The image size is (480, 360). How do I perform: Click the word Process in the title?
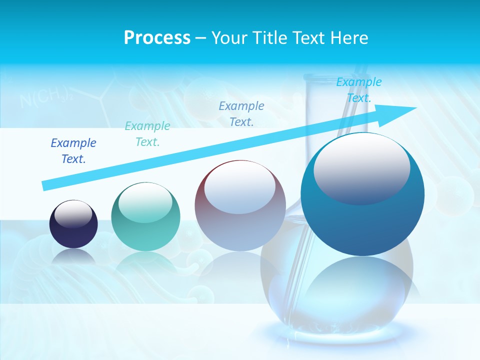pyautogui.click(x=157, y=38)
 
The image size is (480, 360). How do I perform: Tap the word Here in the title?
pyautogui.click(x=348, y=38)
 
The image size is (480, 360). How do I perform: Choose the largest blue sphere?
pyautogui.click(x=362, y=195)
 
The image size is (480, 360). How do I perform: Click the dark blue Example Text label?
pyautogui.click(x=73, y=150)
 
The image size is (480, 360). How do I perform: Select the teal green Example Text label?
pyautogui.click(x=147, y=133)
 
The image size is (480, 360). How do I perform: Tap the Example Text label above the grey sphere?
pyautogui.click(x=241, y=113)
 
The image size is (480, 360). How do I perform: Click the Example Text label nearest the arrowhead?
pyautogui.click(x=359, y=90)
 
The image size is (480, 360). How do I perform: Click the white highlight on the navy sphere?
pyautogui.click(x=73, y=214)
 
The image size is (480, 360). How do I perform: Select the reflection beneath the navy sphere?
pyautogui.click(x=73, y=256)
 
